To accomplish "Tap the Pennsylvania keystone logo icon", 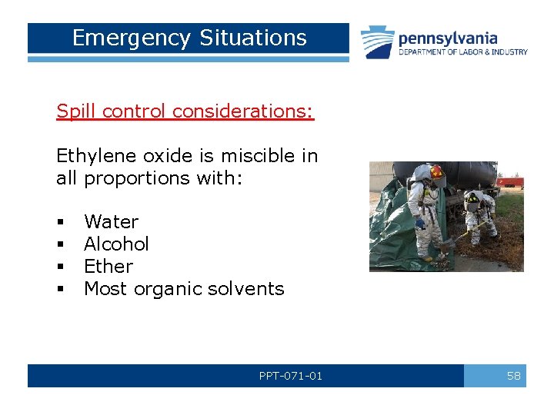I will point(378,42).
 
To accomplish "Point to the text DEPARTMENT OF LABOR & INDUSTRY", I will point(462,52).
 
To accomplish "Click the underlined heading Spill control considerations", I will point(185,111).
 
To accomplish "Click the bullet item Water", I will point(111,222).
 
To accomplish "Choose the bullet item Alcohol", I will point(116,244).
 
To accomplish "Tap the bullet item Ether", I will point(108,267).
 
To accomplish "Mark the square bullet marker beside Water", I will point(60,223).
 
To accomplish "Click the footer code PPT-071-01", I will point(291,376).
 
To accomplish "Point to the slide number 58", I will point(513,376).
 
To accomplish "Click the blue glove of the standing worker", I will point(420,224).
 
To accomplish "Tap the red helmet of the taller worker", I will point(437,171).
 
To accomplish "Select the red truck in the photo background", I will point(510,183).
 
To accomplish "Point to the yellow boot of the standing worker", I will point(427,259).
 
